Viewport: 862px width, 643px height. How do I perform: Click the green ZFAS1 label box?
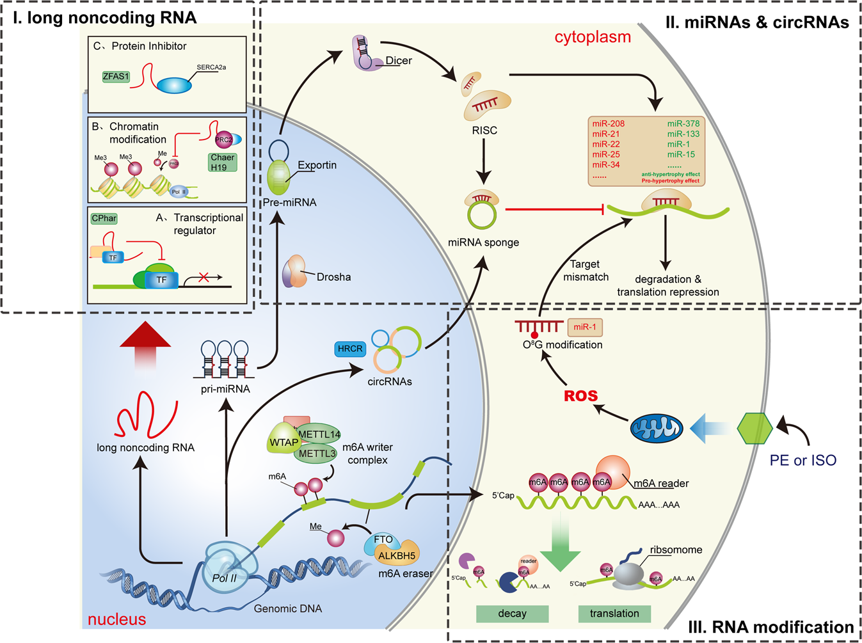click(116, 76)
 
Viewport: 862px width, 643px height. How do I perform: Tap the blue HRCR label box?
click(350, 349)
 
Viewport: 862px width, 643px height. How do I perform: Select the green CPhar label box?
click(104, 218)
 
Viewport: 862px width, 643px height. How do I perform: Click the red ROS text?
click(580, 396)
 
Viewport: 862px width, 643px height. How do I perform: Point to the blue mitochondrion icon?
click(657, 429)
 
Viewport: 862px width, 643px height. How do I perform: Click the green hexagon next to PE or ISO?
click(755, 428)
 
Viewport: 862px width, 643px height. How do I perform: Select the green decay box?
click(512, 614)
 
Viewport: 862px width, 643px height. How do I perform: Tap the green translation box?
click(614, 614)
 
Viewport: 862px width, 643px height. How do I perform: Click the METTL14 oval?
click(319, 434)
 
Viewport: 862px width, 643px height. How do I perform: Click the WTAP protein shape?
click(283, 442)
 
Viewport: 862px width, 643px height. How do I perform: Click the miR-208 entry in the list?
click(608, 123)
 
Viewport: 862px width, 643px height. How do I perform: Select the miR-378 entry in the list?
click(683, 123)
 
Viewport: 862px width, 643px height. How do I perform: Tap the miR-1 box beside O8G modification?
click(584, 327)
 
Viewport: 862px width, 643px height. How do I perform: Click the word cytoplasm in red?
click(593, 37)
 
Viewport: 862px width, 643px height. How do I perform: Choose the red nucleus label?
click(116, 619)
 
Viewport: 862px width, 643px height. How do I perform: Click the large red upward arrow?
click(145, 343)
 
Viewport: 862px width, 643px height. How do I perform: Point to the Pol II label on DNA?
click(225, 578)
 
